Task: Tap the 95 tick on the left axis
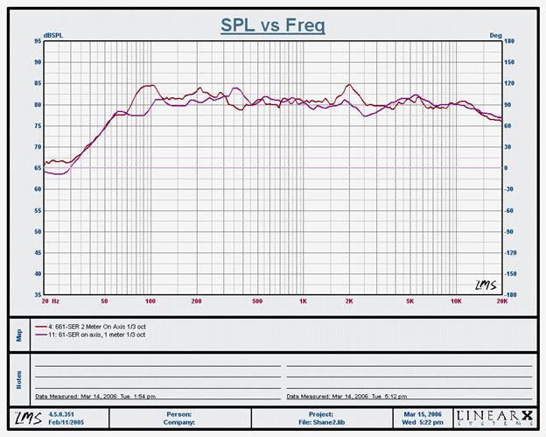(38, 62)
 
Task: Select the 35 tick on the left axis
(38, 273)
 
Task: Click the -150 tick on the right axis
(514, 273)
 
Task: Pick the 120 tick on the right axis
(512, 83)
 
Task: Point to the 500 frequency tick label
(257, 300)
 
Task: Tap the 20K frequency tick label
(501, 300)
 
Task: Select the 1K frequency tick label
(303, 300)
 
